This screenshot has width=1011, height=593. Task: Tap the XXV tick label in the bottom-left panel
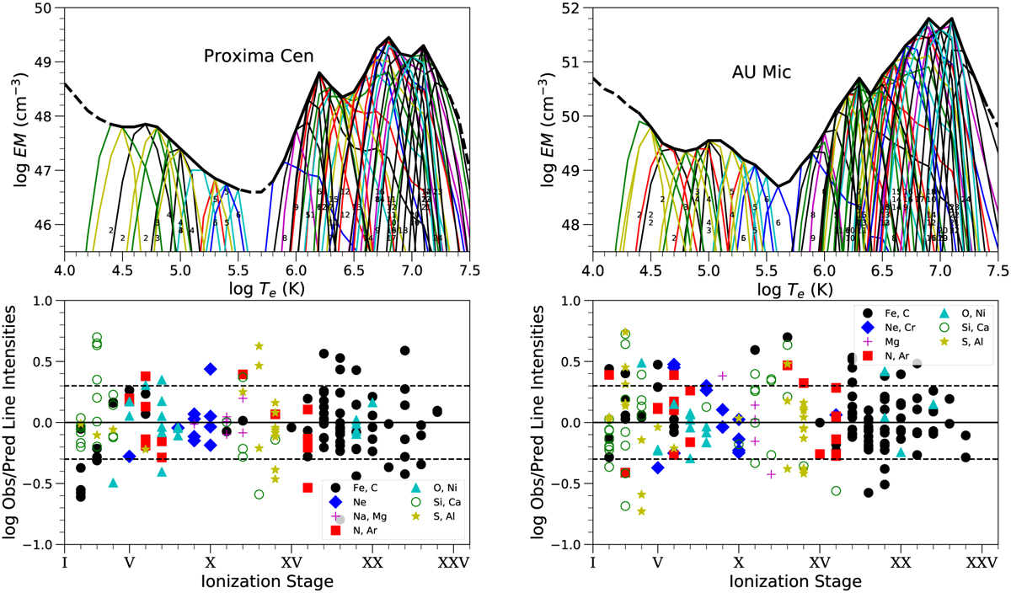point(453,562)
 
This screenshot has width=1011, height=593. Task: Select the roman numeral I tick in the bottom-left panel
point(64,562)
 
